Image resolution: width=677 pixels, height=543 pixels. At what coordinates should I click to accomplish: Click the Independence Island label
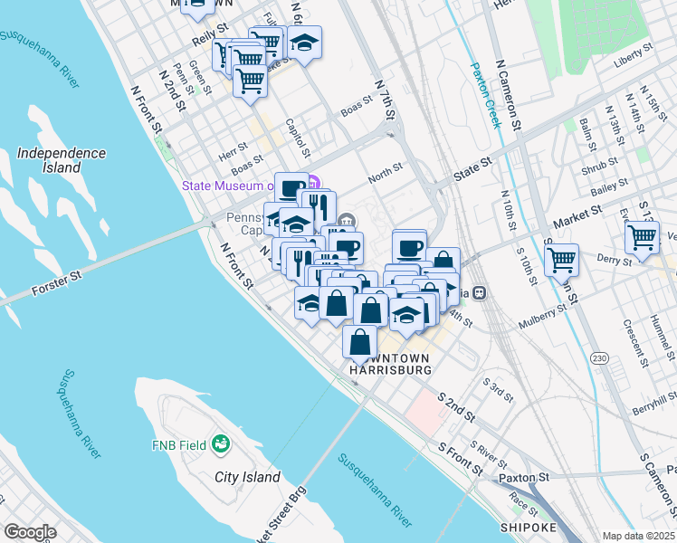click(x=61, y=160)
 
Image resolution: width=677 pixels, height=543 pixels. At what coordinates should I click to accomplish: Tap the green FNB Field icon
click(x=220, y=444)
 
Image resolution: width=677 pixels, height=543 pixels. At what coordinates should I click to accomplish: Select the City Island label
click(x=247, y=477)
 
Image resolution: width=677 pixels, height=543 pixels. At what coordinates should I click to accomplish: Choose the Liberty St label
click(x=633, y=54)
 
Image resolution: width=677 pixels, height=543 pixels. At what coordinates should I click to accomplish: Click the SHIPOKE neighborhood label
click(x=524, y=527)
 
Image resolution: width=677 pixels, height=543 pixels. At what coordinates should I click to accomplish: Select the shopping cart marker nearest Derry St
click(x=642, y=238)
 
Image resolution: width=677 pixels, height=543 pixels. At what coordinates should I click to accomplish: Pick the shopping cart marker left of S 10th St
click(x=561, y=260)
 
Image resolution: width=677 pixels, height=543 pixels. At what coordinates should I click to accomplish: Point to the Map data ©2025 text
click(x=639, y=536)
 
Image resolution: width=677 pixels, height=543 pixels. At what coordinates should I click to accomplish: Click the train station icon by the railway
click(x=479, y=292)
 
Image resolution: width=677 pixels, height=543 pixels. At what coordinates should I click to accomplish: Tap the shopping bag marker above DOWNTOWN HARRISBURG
click(x=360, y=342)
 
